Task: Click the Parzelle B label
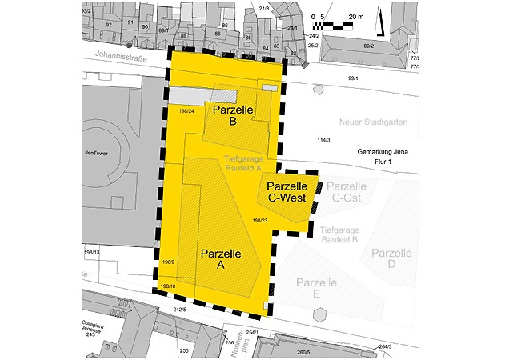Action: click(x=231, y=115)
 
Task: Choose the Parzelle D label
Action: click(x=390, y=258)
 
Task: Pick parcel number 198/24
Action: click(x=187, y=110)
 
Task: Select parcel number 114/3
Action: click(x=323, y=141)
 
